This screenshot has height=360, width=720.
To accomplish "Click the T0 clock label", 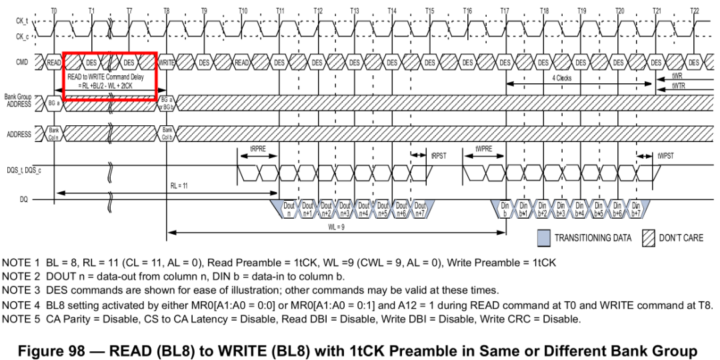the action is (54, 11).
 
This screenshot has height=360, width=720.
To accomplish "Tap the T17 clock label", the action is (505, 11).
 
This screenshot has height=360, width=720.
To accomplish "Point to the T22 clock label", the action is (695, 11).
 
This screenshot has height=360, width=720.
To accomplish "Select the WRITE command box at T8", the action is (167, 62).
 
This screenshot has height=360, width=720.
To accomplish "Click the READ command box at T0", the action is (54, 62).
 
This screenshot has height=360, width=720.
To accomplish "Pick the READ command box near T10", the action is (242, 62).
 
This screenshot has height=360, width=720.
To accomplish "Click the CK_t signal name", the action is (23, 22).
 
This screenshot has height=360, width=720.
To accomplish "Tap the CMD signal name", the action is (23, 62).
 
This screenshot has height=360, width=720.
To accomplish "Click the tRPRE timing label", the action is (258, 149).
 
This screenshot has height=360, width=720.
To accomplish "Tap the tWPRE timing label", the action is (483, 149).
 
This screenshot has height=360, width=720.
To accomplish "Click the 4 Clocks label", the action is (562, 78).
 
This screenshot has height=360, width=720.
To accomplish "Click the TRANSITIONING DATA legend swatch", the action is (544, 238).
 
